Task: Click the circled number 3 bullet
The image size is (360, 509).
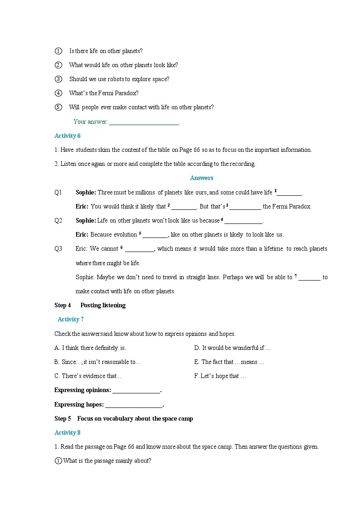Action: [x=58, y=79]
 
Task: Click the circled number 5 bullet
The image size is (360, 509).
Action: [x=58, y=107]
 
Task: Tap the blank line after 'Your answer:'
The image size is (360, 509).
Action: [x=144, y=122]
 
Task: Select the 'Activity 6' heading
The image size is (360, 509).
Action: [x=68, y=136]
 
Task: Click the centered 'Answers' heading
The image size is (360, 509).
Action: [x=201, y=178]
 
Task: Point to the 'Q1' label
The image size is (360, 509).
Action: [x=58, y=193]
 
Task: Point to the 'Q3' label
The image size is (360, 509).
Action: [x=58, y=249]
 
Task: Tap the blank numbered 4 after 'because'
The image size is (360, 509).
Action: [x=243, y=221]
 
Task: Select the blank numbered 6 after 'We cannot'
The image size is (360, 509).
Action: [x=140, y=249]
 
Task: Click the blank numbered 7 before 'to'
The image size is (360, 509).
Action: [x=309, y=277]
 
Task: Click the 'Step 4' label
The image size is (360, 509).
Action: [x=63, y=305]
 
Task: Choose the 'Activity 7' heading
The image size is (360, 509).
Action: [x=71, y=320]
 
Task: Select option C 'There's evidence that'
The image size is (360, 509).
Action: [x=88, y=376]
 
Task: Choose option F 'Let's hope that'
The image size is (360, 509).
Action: [x=220, y=376]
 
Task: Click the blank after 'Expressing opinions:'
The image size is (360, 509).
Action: [x=136, y=391]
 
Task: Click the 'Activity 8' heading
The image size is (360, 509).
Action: [x=68, y=433]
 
